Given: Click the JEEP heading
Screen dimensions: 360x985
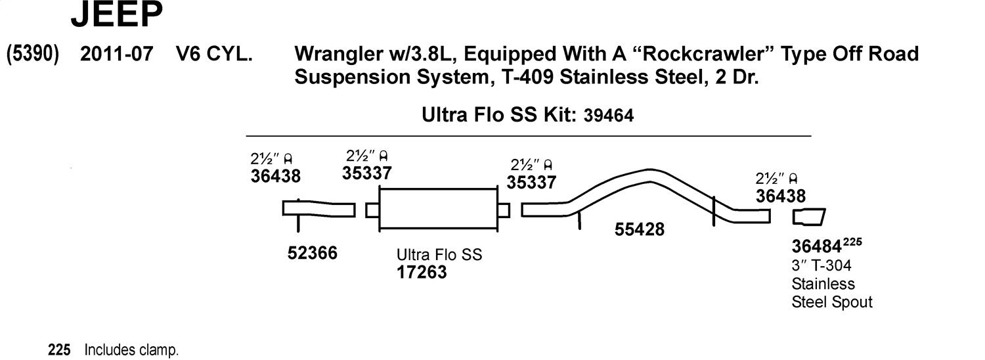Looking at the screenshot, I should [116, 16].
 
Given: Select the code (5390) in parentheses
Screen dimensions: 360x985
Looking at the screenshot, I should [33, 55].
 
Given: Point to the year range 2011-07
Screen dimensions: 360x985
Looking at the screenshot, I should [116, 55].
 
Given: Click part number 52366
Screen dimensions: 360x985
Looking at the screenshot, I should [313, 253].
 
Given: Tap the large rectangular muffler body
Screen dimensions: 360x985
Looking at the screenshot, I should [438, 209].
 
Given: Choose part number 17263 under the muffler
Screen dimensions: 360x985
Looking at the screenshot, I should [422, 272].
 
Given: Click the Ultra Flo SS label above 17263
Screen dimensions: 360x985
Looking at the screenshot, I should [439, 254].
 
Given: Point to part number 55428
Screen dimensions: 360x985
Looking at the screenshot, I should [639, 229].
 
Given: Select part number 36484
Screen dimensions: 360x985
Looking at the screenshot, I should [817, 247].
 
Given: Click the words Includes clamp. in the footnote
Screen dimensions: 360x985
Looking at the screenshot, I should [131, 351].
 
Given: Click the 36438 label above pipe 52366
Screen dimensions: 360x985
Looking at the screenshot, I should [275, 177].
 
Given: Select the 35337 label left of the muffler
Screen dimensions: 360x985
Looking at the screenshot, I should [367, 173].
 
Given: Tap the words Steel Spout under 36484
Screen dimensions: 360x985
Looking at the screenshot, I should [832, 302].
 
